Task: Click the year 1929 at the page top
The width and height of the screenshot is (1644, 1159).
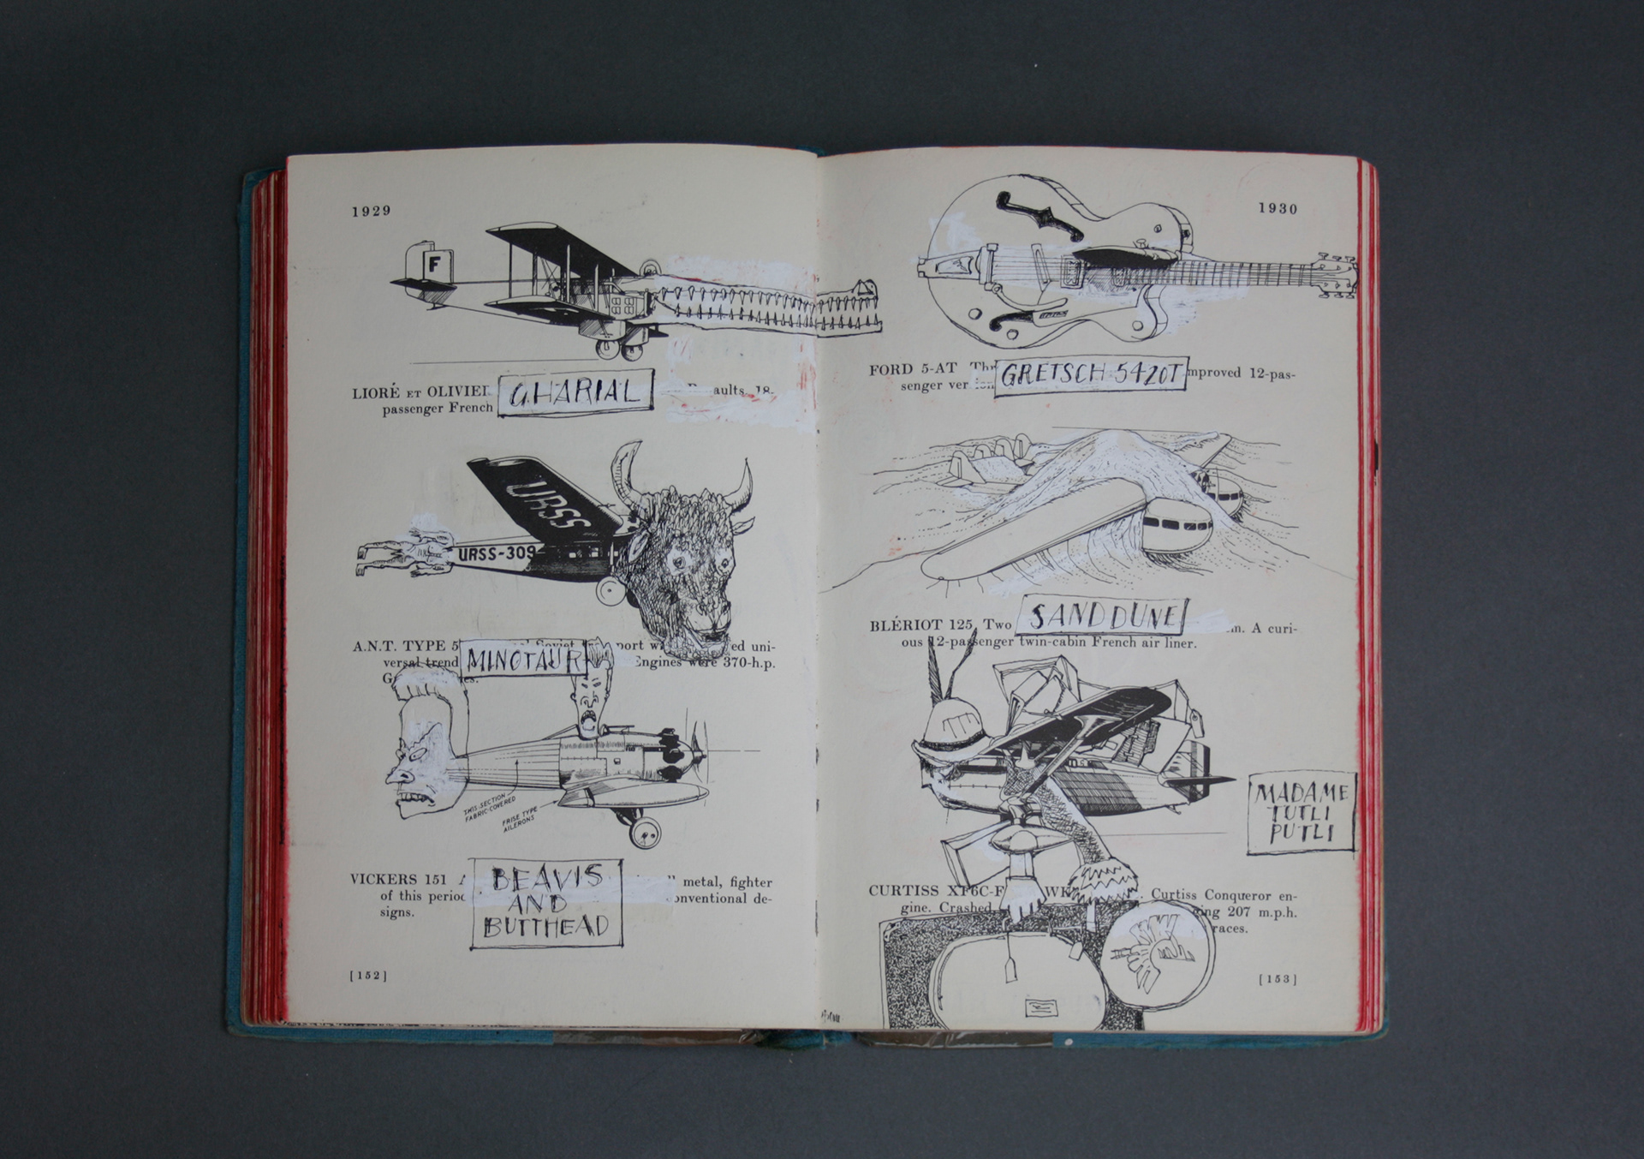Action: [371, 212]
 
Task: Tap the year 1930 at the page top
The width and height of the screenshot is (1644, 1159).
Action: [1278, 208]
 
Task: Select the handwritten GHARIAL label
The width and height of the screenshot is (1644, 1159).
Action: [575, 392]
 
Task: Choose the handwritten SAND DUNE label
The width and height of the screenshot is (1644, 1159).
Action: [1101, 616]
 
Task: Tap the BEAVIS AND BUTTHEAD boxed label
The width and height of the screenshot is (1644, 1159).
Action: [546, 901]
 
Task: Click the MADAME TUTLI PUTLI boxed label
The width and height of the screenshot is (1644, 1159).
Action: [1301, 814]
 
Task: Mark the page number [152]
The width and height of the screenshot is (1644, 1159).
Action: [368, 975]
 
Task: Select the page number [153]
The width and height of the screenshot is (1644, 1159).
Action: [1277, 979]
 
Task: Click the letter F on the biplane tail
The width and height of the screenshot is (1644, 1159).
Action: [433, 264]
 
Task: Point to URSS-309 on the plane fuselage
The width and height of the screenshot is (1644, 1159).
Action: [497, 553]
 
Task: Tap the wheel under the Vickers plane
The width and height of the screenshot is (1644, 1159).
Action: [645, 830]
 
